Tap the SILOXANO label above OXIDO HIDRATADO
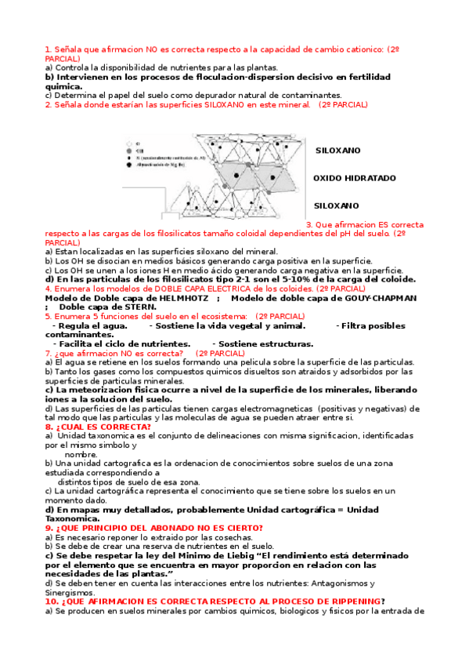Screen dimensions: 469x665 click(337, 150)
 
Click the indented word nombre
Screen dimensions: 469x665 click(81, 454)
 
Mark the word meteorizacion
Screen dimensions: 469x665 click(95, 390)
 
